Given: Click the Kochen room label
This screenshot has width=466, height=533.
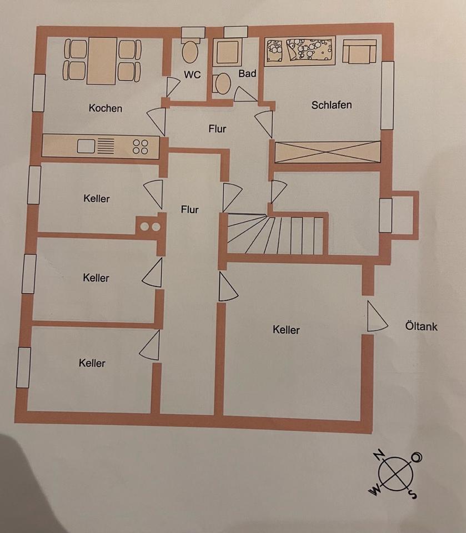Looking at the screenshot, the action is point(105,108).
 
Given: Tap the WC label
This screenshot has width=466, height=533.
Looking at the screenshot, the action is point(192,75).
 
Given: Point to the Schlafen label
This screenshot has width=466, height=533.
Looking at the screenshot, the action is point(331,105).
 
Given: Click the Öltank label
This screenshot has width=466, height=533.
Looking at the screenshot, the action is point(421,326).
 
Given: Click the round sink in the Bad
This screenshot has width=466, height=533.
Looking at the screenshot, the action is point(223,84).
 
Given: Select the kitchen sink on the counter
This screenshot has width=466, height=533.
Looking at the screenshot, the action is point(87,146).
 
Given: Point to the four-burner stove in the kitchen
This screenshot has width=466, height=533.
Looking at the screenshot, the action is point(141,146).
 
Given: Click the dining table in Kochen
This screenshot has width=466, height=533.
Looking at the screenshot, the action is point(102,61).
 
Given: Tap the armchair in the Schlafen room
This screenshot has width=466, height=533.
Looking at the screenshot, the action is point(359,52).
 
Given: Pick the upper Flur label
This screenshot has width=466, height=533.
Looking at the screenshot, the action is point(217,129).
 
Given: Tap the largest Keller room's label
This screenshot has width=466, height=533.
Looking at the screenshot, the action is point(286,330).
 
